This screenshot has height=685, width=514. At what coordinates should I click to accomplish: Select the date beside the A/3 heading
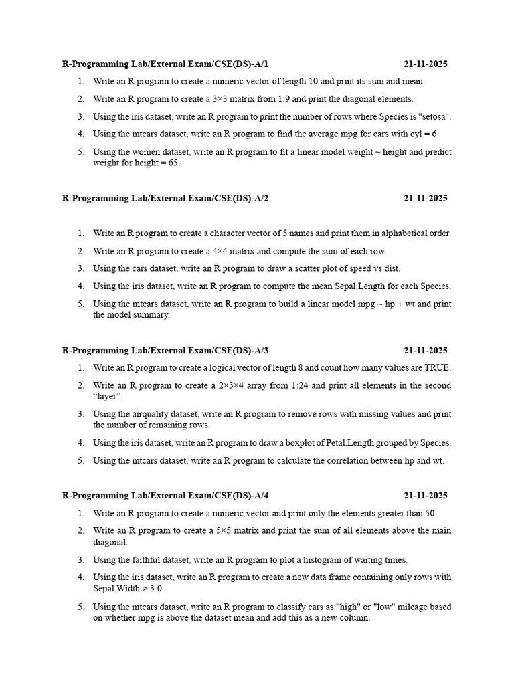[426, 350]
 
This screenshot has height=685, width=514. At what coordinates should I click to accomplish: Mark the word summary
[153, 314]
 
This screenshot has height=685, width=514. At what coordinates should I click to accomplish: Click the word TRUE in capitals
[437, 367]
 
